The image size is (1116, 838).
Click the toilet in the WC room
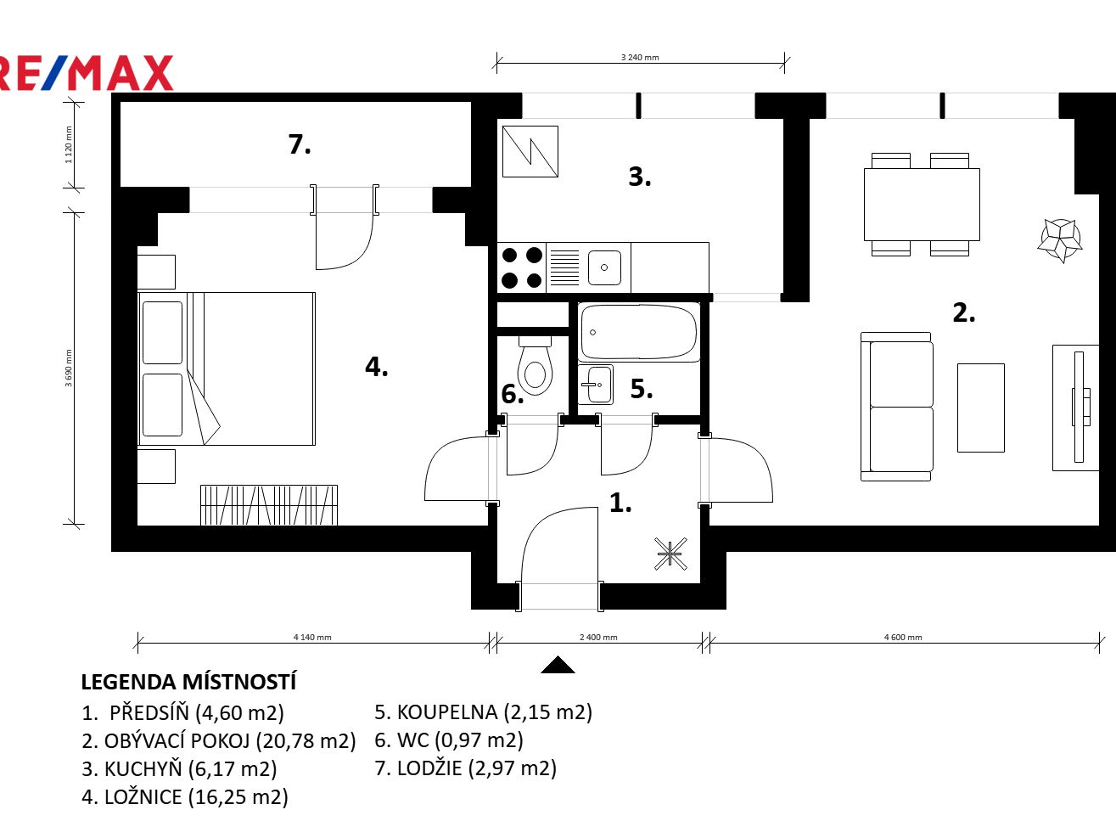tap(535, 365)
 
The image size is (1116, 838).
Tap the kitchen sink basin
tap(604, 267)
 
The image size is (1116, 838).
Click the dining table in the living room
tap(922, 205)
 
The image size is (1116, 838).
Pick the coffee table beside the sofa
tap(981, 408)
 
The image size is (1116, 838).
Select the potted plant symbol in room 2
tap(1060, 240)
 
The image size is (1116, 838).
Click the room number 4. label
tap(376, 367)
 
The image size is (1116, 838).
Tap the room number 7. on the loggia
tap(300, 144)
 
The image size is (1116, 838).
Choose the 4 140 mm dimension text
tap(312, 637)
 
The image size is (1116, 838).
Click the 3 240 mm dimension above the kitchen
tap(640, 58)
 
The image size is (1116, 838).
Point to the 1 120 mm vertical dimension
tap(69, 145)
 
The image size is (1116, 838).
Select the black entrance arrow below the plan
tap(558, 665)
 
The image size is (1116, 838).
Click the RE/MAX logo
tap(87, 73)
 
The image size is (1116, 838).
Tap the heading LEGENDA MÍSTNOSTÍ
tap(188, 682)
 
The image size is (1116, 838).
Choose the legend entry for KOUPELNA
tap(484, 711)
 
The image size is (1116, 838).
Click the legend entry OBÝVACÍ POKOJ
tap(219, 741)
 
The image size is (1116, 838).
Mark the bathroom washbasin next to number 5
tap(596, 385)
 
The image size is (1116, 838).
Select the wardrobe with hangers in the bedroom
tap(269, 505)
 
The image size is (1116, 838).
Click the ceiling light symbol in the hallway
tap(670, 554)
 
